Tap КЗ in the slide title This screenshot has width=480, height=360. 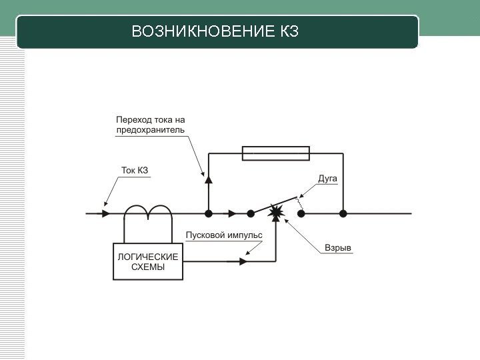(x=285, y=32)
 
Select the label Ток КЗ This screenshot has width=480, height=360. (x=134, y=171)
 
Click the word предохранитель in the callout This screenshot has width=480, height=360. (x=151, y=130)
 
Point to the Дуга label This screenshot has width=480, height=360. (x=327, y=179)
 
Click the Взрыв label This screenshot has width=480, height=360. (x=337, y=248)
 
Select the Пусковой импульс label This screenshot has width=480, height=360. (x=223, y=235)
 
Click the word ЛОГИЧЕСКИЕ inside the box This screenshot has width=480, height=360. (x=147, y=257)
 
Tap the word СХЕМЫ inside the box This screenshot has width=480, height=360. (x=147, y=268)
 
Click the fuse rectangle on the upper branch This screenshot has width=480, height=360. (x=275, y=155)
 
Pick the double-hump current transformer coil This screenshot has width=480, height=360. (x=148, y=211)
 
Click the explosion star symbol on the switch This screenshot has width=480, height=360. (x=275, y=212)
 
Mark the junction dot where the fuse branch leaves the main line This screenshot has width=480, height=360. (x=209, y=213)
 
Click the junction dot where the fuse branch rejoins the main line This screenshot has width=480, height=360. (x=343, y=213)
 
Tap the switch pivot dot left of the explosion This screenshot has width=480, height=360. (x=251, y=213)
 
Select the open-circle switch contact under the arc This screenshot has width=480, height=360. (x=301, y=213)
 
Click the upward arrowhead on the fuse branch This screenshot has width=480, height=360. (x=209, y=179)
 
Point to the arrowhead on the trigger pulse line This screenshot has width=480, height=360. (x=242, y=261)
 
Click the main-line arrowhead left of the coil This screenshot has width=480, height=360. (x=106, y=213)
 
